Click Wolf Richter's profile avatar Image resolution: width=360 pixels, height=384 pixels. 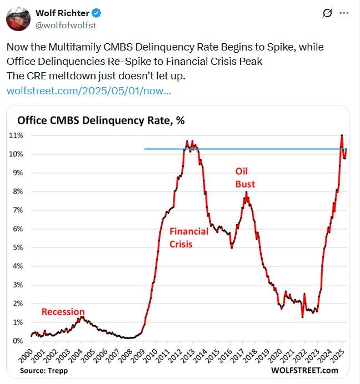(18, 19)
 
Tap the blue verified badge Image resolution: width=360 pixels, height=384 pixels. (95, 13)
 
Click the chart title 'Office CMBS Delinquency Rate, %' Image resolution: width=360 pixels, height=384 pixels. (101, 120)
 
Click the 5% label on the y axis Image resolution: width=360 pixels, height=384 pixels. (19, 247)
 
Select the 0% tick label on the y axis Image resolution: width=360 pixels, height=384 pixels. (19, 341)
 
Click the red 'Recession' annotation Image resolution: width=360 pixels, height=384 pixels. (63, 312)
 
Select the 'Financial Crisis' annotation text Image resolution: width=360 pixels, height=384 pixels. (188, 237)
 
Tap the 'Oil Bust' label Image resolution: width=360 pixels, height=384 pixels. (244, 178)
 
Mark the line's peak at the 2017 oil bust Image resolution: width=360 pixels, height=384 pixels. (246, 193)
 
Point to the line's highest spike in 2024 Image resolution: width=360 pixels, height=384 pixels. (342, 135)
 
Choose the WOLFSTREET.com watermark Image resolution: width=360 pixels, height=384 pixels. (305, 370)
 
